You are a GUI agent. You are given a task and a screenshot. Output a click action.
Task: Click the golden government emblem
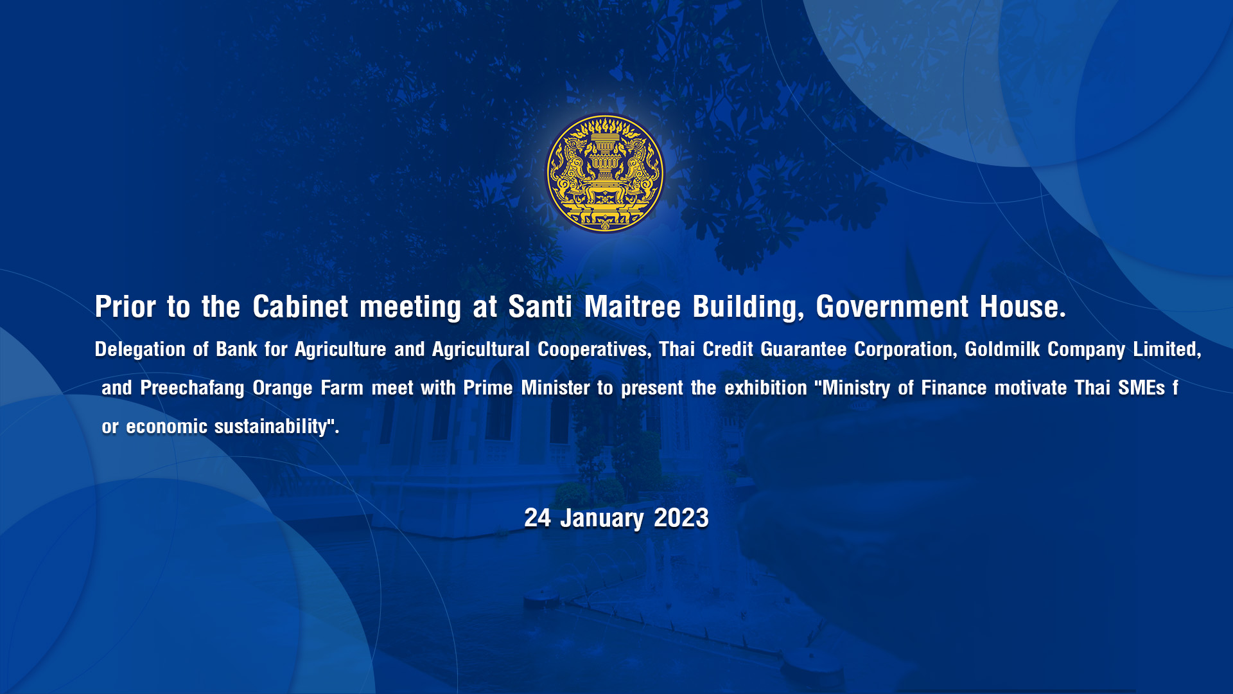604,173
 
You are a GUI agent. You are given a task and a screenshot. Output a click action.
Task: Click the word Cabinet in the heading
301,307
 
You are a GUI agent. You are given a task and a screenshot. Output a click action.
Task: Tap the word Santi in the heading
540,307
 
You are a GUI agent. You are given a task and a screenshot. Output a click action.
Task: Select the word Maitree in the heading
632,307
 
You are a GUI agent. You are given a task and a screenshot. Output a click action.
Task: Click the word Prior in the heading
125,307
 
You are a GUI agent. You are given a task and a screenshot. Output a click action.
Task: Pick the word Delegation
140,350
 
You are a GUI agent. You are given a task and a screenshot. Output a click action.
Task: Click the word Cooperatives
592,350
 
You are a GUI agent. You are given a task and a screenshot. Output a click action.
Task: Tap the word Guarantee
803,350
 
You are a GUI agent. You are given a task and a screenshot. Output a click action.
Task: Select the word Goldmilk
1002,350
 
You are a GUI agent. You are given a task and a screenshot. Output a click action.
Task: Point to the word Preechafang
192,388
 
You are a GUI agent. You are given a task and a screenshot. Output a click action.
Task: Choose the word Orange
283,388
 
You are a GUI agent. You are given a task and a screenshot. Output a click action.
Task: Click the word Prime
488,388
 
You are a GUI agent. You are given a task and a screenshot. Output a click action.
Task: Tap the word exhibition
765,388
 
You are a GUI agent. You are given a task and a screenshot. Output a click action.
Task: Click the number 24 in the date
538,518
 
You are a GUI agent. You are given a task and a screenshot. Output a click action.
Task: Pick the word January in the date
602,518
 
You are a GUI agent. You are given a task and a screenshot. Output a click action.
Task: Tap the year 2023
681,518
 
